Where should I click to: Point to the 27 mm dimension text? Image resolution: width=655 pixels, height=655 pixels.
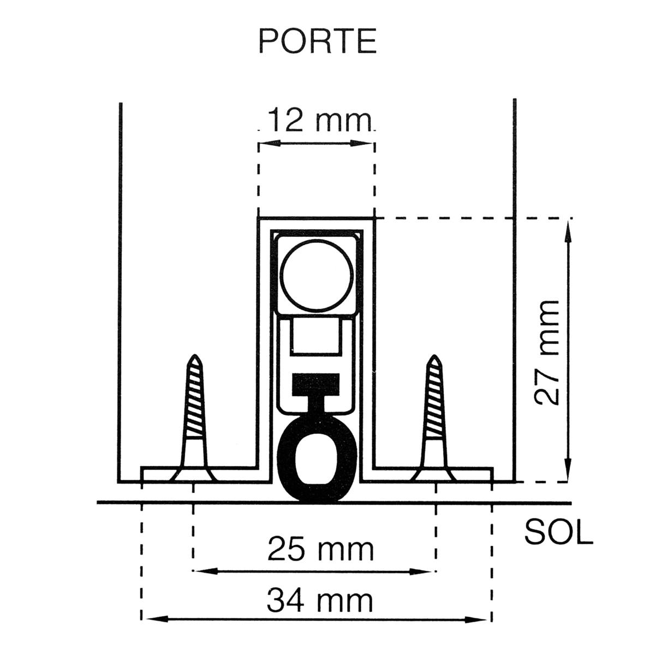tap(547, 352)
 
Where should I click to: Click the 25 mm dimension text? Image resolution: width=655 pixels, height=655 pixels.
tap(320, 549)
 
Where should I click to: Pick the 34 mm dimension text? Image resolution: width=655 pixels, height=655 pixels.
tap(320, 601)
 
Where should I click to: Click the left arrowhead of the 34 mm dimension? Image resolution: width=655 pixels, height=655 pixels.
tap(151, 620)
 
